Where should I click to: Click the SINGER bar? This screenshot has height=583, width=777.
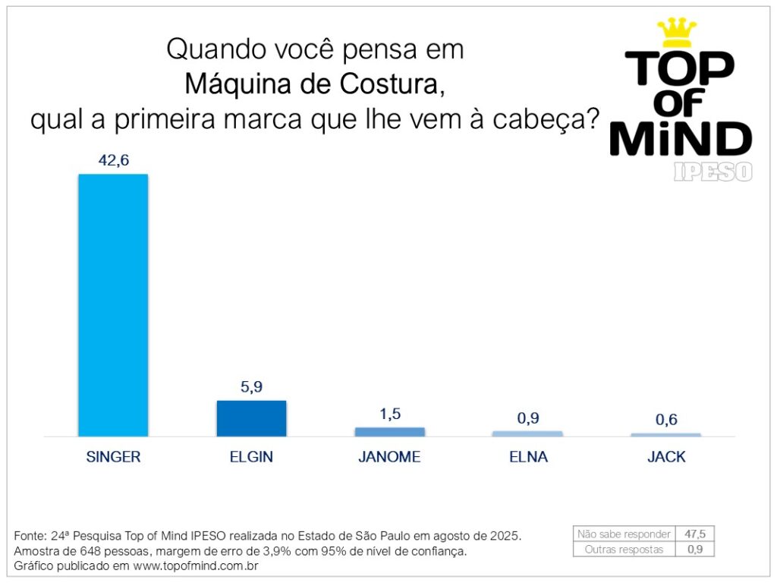pyautogui.click(x=113, y=305)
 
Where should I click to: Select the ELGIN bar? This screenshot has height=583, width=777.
pyautogui.click(x=251, y=418)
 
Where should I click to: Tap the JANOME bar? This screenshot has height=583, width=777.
pyautogui.click(x=389, y=432)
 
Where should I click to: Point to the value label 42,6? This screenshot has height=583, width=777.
pyautogui.click(x=113, y=160)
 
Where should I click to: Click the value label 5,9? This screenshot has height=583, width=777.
pyautogui.click(x=251, y=386)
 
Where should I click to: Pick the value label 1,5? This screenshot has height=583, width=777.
pyautogui.click(x=389, y=414)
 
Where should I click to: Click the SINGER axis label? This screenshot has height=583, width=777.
pyautogui.click(x=113, y=457)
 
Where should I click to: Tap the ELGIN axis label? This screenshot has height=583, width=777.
pyautogui.click(x=251, y=457)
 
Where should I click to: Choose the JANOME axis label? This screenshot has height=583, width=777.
pyautogui.click(x=389, y=457)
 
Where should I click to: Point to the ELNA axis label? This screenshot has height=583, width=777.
pyautogui.click(x=528, y=457)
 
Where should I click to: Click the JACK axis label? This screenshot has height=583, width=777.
pyautogui.click(x=666, y=457)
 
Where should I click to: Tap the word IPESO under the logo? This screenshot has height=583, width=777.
pyautogui.click(x=713, y=172)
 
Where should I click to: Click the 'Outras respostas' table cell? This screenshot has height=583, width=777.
pyautogui.click(x=624, y=549)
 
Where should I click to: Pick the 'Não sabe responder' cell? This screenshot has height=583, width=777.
pyautogui.click(x=624, y=534)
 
